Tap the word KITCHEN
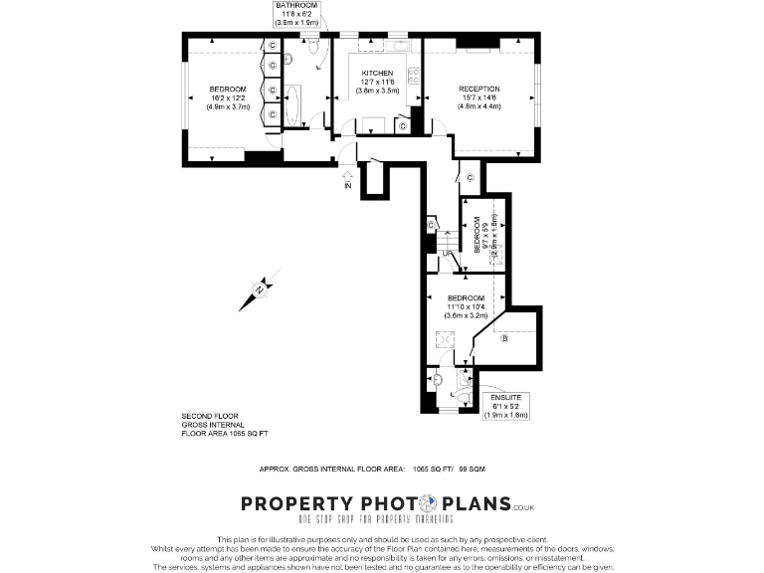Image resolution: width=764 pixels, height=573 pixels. click(x=377, y=74)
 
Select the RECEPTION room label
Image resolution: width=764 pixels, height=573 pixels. click(x=478, y=89)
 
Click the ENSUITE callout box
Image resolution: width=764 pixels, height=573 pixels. click(x=505, y=406)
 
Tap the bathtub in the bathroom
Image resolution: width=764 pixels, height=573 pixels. click(x=296, y=105)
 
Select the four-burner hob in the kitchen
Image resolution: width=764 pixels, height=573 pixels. click(x=411, y=78)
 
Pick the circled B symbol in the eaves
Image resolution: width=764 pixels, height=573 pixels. click(x=504, y=339)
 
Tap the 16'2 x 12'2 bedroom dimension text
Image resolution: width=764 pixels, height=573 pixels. click(x=221, y=97)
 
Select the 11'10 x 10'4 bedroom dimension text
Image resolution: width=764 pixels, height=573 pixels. click(x=465, y=307)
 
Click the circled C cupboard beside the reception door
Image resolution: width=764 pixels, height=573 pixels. click(x=469, y=178)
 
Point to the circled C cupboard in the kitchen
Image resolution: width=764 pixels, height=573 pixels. click(x=402, y=126)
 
